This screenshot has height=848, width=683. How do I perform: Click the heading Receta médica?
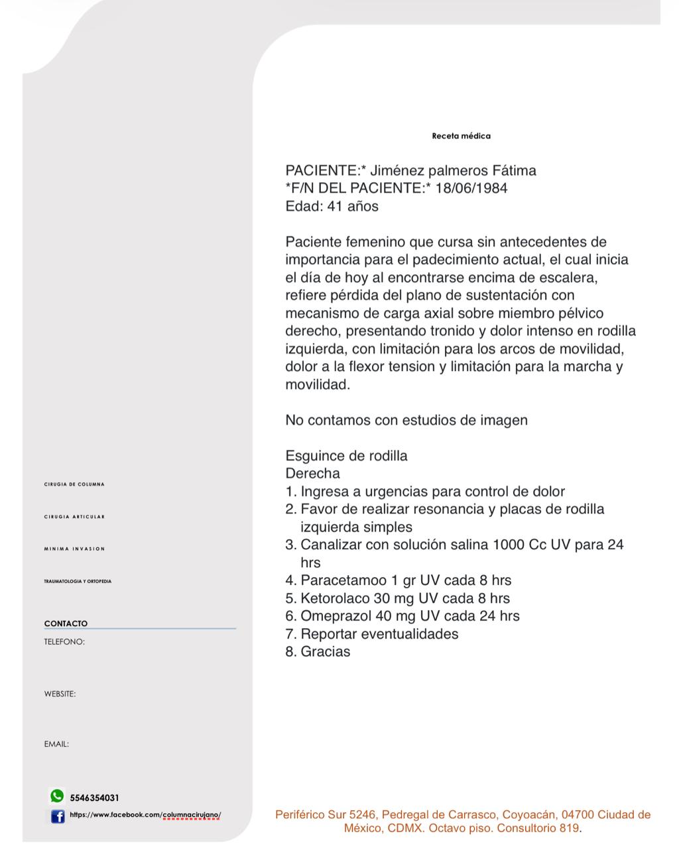click(461, 136)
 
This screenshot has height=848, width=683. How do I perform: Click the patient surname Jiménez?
click(396, 171)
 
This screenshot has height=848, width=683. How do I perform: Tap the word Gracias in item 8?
click(326, 652)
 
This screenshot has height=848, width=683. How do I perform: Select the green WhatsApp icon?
click(57, 796)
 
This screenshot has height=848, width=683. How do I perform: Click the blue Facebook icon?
click(58, 816)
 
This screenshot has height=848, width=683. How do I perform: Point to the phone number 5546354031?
click(95, 798)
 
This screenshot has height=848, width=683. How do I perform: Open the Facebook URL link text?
click(145, 815)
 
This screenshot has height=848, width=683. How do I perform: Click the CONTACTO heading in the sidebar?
click(66, 623)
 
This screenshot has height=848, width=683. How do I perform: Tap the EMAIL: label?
click(56, 744)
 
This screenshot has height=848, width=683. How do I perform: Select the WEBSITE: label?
click(60, 694)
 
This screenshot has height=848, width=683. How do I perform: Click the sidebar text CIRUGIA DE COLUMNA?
click(74, 484)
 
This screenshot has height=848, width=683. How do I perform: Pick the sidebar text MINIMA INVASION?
click(74, 549)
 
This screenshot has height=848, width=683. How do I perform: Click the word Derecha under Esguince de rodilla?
click(312, 474)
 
